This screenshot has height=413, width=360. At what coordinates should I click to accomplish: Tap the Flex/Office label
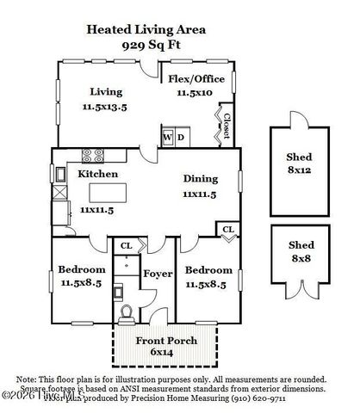196,79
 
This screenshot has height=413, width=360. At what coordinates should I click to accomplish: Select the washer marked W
168,138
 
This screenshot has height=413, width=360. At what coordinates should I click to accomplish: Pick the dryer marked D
181,138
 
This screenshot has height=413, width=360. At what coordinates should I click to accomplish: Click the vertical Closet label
226,126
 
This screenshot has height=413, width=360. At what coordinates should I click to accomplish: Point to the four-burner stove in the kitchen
90,156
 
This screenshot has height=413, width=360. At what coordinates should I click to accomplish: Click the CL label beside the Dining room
227,228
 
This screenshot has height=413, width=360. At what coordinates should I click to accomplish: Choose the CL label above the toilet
126,246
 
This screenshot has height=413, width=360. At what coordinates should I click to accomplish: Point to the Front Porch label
167,342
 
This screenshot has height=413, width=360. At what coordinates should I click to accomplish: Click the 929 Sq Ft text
145,44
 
